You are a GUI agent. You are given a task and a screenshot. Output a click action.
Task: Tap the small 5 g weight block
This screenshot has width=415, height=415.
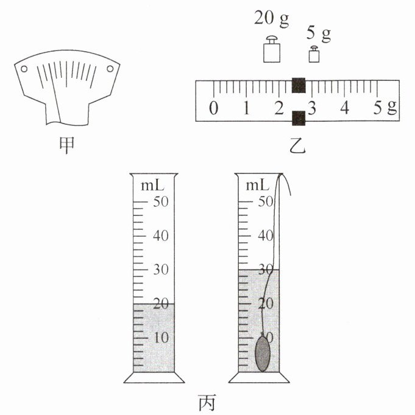click(x=314, y=54)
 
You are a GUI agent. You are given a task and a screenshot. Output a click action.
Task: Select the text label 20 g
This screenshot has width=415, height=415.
click(x=271, y=19)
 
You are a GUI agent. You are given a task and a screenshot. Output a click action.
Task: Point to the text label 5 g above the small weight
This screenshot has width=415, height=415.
click(x=319, y=33)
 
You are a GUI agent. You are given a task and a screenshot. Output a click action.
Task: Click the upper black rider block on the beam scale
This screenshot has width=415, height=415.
click(x=299, y=85)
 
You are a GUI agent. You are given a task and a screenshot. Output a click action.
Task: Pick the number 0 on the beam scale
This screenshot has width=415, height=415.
click(x=214, y=108)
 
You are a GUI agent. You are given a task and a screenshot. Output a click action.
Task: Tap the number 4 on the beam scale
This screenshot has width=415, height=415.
click(x=344, y=108)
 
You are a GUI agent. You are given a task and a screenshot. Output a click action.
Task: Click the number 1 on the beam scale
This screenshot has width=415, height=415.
click(x=246, y=108)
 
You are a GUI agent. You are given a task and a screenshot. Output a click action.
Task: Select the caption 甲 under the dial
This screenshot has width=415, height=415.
click(x=66, y=145)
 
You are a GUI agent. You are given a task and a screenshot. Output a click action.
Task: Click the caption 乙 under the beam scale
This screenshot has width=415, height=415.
click(x=297, y=146)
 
